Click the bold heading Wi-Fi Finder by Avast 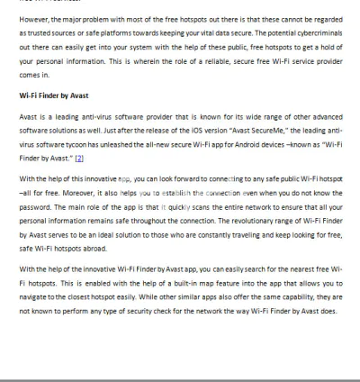coord(55,94)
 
